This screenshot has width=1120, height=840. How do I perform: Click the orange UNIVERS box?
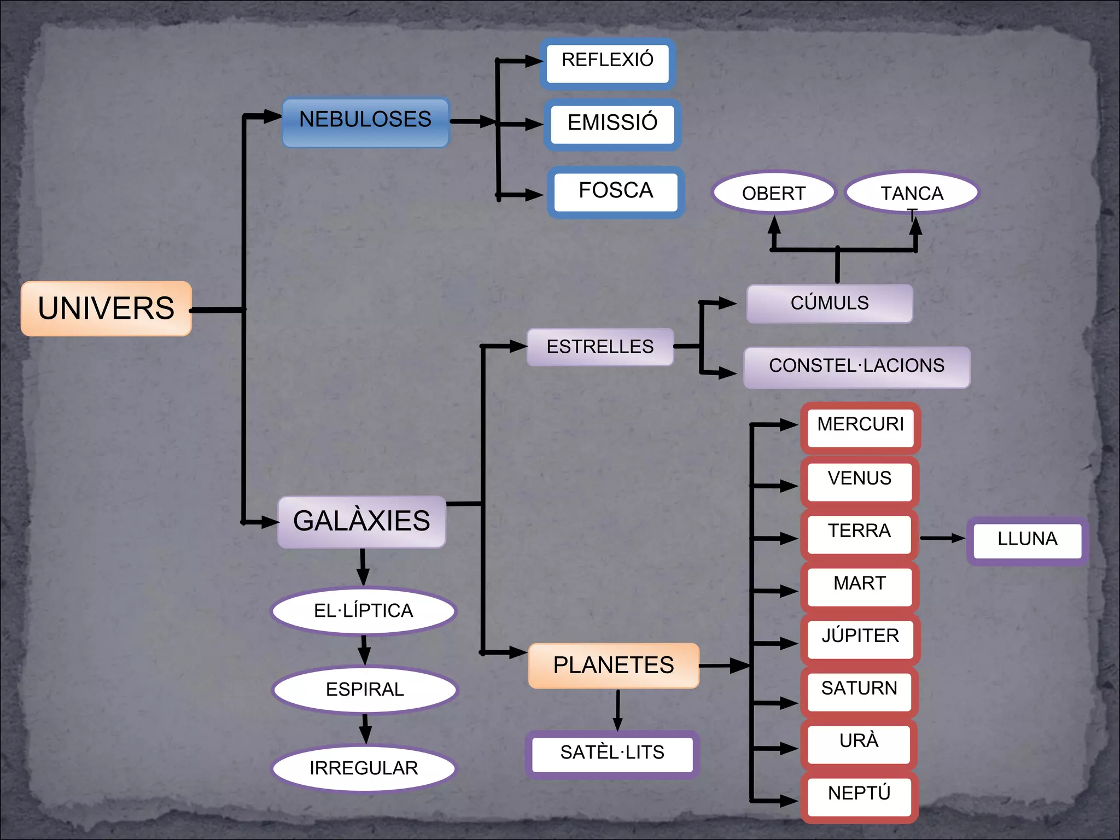[106, 308]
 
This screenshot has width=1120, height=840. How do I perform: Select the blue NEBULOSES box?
[365, 122]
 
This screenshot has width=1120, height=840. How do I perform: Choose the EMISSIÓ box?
[612, 124]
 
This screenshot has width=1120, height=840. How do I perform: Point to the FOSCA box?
[616, 192]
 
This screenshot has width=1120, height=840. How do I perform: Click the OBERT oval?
[774, 193]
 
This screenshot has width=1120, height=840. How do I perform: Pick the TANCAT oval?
[912, 193]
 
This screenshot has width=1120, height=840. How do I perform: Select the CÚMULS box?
[830, 304]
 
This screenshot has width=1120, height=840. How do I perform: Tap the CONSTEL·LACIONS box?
[856, 367]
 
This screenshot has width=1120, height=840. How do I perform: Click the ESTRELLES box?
[600, 347]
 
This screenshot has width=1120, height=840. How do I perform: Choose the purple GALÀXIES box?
[361, 522]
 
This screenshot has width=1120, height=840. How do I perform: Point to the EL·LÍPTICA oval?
[364, 611]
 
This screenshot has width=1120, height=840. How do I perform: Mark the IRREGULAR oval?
[364, 768]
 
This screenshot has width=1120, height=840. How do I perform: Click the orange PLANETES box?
[614, 666]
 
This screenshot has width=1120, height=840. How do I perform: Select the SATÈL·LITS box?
[612, 754]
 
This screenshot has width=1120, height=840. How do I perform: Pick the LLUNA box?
[1027, 540]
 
